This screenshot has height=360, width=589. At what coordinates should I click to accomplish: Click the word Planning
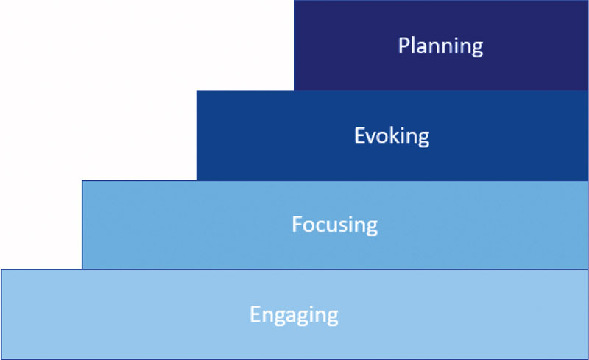[x=440, y=46]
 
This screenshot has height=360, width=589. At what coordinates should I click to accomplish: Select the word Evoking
[x=392, y=136]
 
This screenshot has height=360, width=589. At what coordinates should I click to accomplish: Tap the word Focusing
[x=335, y=225]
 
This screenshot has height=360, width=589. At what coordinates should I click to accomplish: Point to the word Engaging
[x=294, y=315]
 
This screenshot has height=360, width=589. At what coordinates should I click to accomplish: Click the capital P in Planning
[x=403, y=46]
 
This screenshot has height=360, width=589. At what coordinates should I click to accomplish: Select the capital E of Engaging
[x=255, y=314]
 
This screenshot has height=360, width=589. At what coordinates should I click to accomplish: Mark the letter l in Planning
[x=412, y=45]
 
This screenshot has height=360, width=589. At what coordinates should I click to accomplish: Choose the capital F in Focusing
[x=297, y=225]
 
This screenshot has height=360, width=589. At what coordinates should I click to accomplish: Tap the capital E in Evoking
[x=359, y=135]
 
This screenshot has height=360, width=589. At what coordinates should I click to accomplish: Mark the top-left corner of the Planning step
[x=294, y=1]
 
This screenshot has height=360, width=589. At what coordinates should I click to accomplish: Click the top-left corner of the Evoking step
[x=197, y=91]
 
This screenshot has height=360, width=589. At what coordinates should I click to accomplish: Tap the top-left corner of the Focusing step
[x=82, y=181]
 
